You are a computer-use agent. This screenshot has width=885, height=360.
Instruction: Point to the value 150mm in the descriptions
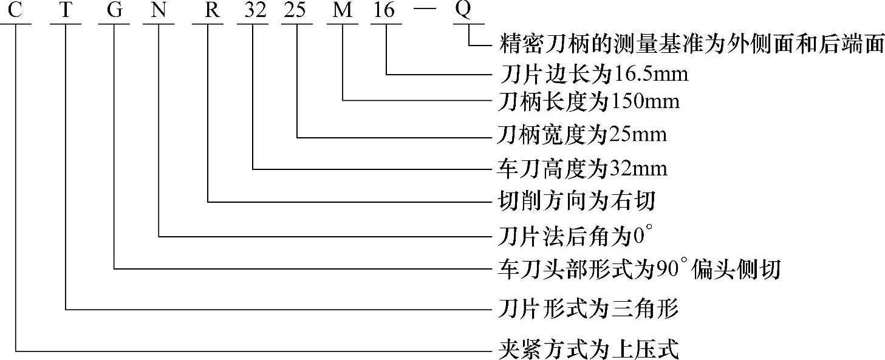[644, 101]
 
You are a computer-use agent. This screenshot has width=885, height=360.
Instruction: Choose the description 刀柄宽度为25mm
[581, 134]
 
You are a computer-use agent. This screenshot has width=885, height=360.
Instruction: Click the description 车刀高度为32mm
[581, 168]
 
